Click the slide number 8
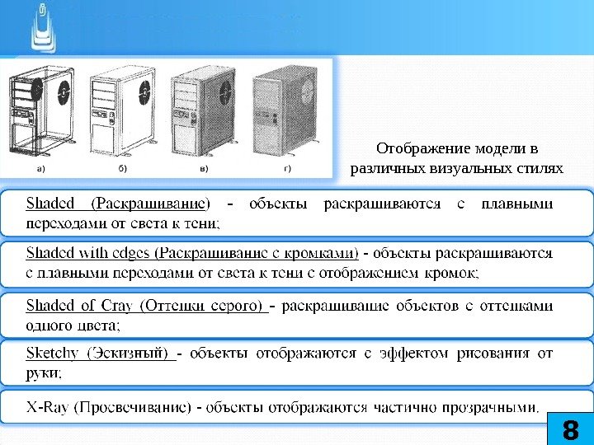click(569, 429)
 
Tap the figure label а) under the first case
click(40, 168)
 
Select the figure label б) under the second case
click(122, 168)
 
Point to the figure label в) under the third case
click(204, 168)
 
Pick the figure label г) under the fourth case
click(288, 168)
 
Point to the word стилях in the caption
click(540, 169)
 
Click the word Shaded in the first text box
click(50, 203)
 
